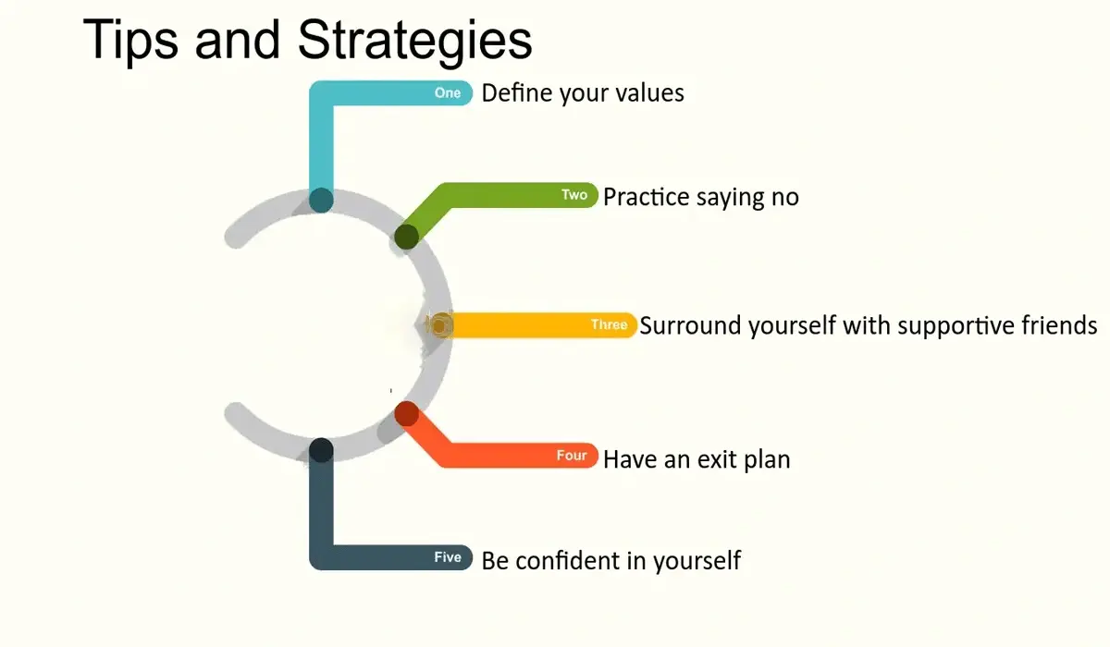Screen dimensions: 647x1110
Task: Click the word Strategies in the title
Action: point(415,40)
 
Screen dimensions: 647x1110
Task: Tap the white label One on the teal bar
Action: point(448,93)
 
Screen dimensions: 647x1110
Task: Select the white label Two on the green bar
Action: point(574,195)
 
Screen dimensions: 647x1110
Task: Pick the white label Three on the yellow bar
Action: point(609,325)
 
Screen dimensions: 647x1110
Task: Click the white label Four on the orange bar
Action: point(572,456)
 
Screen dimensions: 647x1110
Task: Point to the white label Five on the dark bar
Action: point(448,557)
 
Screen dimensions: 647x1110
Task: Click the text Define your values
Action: point(583,93)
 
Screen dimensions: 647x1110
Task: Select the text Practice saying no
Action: point(700,197)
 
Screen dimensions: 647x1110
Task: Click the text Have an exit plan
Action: point(697,459)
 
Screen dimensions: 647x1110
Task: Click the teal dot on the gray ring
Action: point(321,200)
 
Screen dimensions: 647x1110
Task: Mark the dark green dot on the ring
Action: point(406,238)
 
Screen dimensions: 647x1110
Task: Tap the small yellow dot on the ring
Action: point(440,325)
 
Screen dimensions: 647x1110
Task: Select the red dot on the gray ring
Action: point(406,413)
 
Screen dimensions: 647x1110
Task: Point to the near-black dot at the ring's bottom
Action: point(321,450)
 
